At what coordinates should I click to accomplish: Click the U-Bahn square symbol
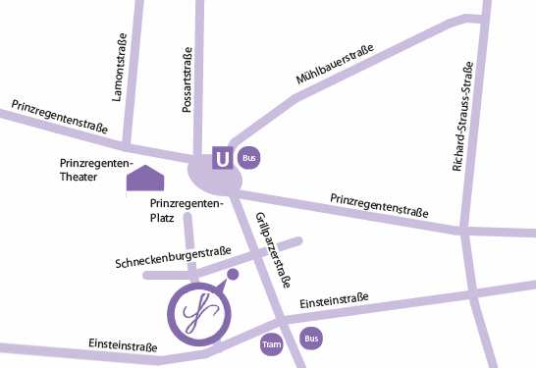(x=224, y=157)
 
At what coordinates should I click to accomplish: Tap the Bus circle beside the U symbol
(x=251, y=157)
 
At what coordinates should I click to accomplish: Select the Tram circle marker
(x=272, y=344)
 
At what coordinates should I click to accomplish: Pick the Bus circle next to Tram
(x=311, y=340)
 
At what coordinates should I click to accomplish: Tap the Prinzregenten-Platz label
(x=187, y=210)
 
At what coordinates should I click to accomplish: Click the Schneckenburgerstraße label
(x=173, y=258)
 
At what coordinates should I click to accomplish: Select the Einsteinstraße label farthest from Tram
(x=123, y=344)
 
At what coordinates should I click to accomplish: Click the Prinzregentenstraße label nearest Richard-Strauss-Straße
(x=379, y=205)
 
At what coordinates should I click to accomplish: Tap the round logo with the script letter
(x=198, y=314)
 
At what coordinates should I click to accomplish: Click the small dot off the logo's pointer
(x=233, y=274)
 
